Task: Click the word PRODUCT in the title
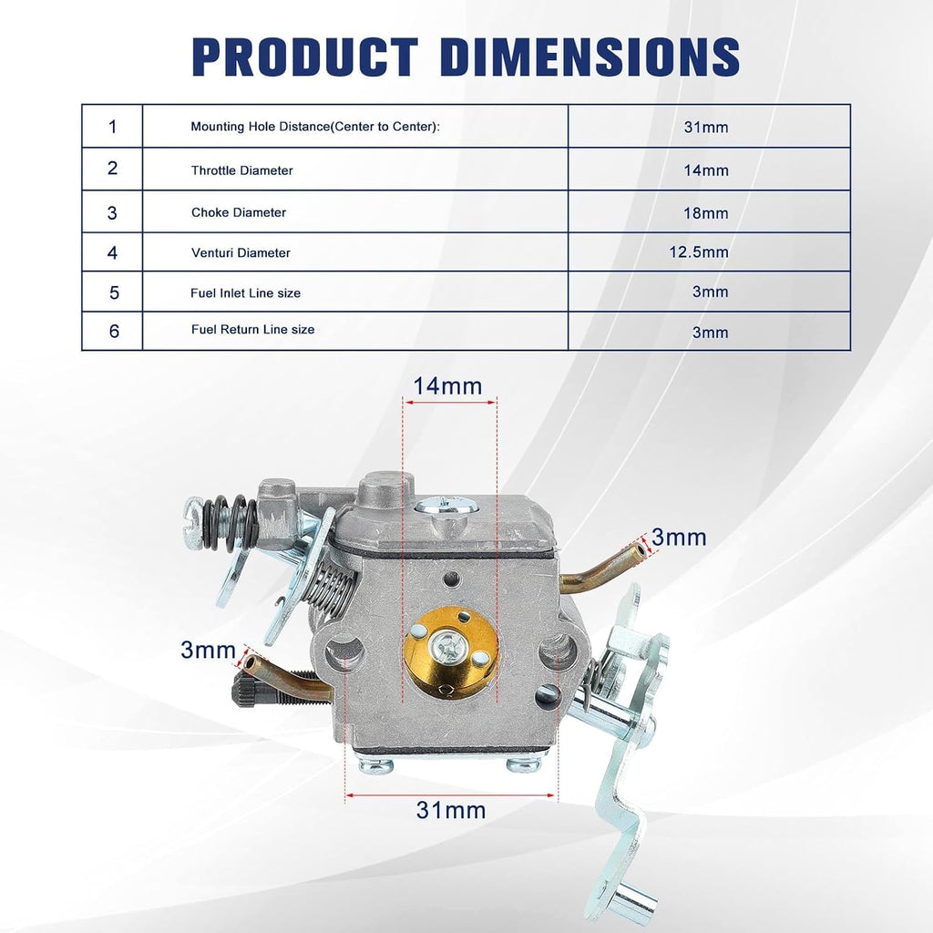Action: (304, 57)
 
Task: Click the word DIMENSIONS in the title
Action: (590, 57)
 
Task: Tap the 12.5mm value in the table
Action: (699, 252)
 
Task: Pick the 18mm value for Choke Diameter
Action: (706, 213)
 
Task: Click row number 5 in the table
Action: (114, 292)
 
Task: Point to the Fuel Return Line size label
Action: (253, 330)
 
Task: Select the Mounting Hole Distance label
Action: (315, 127)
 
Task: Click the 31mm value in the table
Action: (706, 128)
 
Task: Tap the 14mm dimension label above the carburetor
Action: (447, 386)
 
